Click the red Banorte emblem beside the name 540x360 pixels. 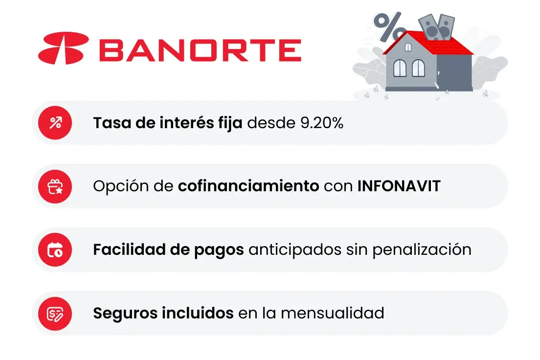(x=64, y=48)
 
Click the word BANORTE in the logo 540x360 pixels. (x=200, y=49)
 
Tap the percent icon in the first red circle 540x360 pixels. (x=55, y=123)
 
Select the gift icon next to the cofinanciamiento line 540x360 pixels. (x=55, y=186)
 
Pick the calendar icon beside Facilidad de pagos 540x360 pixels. (x=55, y=250)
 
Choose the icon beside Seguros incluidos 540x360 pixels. (x=55, y=314)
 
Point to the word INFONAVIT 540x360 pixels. (x=399, y=186)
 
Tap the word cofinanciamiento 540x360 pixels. (x=248, y=186)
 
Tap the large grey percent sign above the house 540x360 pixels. (x=389, y=26)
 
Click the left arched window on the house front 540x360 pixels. (x=400, y=68)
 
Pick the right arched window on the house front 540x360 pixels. (x=418, y=68)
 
